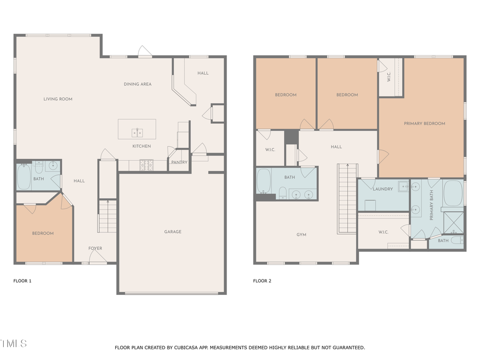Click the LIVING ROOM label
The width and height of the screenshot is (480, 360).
(58, 99)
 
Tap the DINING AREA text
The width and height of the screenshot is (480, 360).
(138, 84)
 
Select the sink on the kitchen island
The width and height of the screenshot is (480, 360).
(137, 132)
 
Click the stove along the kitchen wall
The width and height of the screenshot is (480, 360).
(146, 165)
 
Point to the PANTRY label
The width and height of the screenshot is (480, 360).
(179, 162)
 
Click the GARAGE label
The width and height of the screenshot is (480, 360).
(172, 231)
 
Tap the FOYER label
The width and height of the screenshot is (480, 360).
(95, 248)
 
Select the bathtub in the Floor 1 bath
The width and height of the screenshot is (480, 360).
(24, 178)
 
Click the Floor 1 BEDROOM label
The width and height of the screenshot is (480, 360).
(43, 233)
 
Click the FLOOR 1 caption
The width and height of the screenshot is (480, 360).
(22, 281)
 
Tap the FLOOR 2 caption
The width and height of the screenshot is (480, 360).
(262, 281)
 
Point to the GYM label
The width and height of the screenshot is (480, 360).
(301, 235)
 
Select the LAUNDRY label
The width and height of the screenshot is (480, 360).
(382, 189)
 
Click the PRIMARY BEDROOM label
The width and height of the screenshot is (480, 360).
(424, 123)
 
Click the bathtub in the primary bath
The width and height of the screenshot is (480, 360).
(453, 193)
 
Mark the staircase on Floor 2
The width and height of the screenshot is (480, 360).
(347, 198)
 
